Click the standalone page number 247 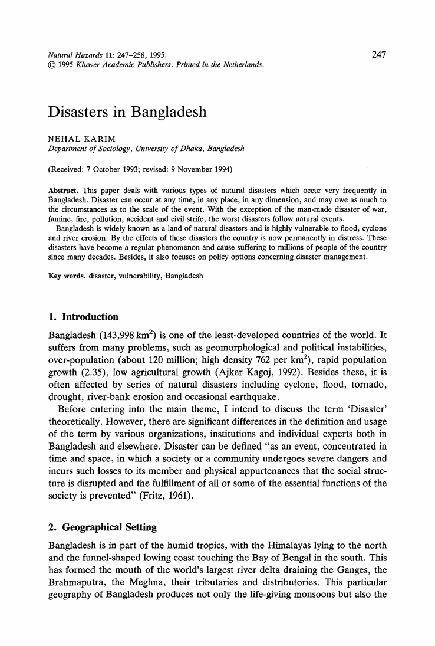point(378,55)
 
